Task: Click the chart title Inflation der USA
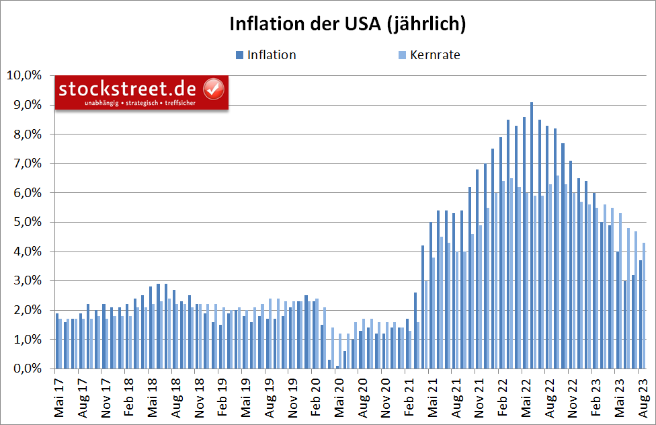(x=347, y=24)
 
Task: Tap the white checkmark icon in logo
(x=214, y=88)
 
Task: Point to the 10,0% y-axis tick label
(x=24, y=75)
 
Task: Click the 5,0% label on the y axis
(x=27, y=222)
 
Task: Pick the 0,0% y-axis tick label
(x=27, y=369)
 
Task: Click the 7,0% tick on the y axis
(x=27, y=163)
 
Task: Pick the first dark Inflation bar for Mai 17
(x=56, y=342)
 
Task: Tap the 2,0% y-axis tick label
(x=27, y=310)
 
